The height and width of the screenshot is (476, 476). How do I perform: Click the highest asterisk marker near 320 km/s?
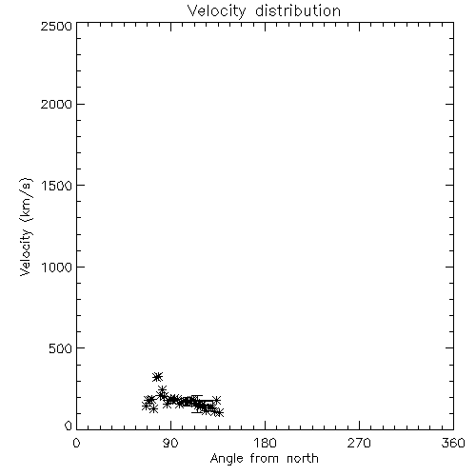[x=157, y=377]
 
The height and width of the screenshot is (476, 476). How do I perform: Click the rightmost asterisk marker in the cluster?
[x=219, y=412]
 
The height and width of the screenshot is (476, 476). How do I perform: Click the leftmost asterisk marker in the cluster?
[x=146, y=406]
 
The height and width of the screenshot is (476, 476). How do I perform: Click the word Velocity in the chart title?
[x=216, y=11]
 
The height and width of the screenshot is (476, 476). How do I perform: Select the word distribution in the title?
[x=298, y=11]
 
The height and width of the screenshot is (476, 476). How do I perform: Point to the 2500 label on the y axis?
[x=56, y=26]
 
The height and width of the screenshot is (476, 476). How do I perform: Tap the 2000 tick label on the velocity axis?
[x=56, y=104]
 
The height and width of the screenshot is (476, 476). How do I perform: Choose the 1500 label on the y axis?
[x=57, y=186]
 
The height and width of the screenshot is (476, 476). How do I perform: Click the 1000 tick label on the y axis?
[x=57, y=267]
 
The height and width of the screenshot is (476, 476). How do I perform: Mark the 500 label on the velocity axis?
[x=61, y=348]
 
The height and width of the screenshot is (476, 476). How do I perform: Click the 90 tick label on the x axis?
[x=170, y=443]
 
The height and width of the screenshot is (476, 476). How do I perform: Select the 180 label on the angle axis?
[x=265, y=443]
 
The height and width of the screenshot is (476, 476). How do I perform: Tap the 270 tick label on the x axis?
[x=359, y=443]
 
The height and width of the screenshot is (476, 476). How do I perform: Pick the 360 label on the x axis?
[x=453, y=443]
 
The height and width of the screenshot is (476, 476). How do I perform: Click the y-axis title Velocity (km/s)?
[x=26, y=227]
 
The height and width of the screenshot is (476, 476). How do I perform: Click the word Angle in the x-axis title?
[x=227, y=459]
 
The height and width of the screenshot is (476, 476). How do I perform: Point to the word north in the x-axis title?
[x=303, y=458]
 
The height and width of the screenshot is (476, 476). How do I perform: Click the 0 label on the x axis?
[x=76, y=443]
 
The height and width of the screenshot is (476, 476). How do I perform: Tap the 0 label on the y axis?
[x=69, y=426]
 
